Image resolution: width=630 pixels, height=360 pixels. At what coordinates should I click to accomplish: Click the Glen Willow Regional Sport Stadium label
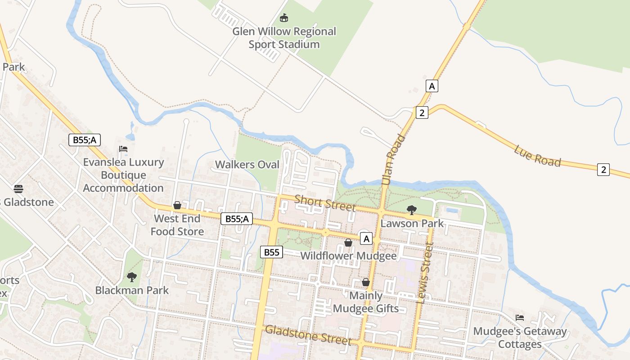click(284, 38)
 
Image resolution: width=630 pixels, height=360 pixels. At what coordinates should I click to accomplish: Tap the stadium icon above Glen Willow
click(284, 18)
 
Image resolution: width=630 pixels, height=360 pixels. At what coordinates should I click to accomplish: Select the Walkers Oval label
click(247, 165)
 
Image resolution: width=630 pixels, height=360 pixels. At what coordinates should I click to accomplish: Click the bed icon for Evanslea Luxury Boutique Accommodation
click(123, 149)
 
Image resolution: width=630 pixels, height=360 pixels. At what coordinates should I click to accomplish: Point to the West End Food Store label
click(177, 225)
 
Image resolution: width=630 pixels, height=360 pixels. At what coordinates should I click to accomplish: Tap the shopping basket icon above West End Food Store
click(177, 206)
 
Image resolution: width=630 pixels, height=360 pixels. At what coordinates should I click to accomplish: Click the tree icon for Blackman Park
click(131, 277)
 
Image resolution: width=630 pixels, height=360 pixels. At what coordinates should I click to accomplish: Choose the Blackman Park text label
click(132, 290)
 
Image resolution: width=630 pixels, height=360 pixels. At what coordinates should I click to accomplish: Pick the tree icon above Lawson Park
click(411, 210)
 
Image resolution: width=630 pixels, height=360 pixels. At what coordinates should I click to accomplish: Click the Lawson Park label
click(412, 223)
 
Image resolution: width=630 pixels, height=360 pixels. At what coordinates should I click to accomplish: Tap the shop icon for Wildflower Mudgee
click(348, 243)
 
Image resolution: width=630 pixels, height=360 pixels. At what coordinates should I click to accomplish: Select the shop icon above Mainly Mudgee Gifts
click(366, 282)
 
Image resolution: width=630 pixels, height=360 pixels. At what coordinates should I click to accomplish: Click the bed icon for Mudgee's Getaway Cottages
click(520, 318)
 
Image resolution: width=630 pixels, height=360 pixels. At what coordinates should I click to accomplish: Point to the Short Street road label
click(325, 203)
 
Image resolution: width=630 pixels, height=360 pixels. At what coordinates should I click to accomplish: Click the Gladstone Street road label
click(308, 335)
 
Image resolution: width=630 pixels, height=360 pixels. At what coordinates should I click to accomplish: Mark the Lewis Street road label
click(425, 273)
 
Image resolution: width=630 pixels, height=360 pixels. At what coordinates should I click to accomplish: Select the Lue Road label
click(538, 156)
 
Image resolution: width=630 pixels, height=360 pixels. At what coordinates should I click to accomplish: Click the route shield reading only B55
click(271, 252)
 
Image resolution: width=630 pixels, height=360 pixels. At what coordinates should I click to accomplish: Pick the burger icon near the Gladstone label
click(18, 188)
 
